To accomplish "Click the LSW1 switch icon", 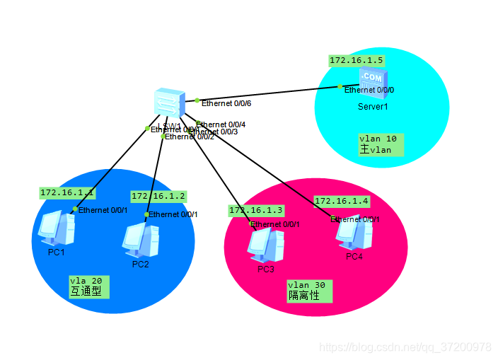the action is click(170, 103).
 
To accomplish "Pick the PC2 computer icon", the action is click(140, 239).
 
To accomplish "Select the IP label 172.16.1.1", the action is click(66, 192).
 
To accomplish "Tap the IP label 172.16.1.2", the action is click(158, 196).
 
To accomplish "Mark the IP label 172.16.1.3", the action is click(255, 211).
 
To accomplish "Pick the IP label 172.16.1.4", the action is click(341, 201).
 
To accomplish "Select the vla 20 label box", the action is click(90, 286).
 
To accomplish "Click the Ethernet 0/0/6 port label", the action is click(226, 103).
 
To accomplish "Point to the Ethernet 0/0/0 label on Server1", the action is click(369, 91).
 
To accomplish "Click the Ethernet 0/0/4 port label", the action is click(221, 124).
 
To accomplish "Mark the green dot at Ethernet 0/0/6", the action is click(197, 100).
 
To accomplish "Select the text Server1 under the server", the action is click(373, 107).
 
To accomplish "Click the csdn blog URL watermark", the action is click(405, 347).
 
